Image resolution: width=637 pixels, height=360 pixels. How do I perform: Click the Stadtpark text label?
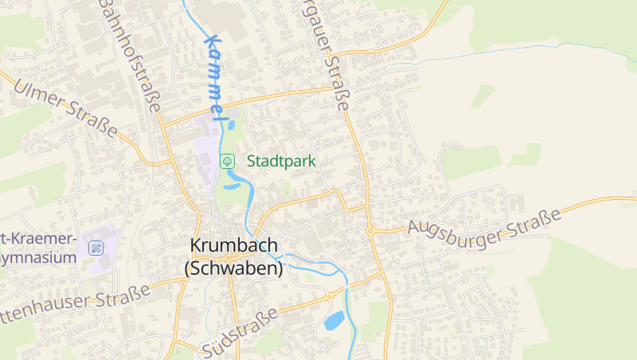click(x=281, y=161)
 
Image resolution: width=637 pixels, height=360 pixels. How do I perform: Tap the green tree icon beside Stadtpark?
click(x=227, y=161)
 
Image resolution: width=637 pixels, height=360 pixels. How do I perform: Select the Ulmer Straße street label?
click(x=65, y=109)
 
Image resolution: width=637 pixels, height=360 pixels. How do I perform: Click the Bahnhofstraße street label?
click(x=130, y=56)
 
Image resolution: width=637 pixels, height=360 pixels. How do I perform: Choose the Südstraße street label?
click(x=239, y=333)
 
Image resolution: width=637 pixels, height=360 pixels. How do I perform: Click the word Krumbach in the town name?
click(x=234, y=246)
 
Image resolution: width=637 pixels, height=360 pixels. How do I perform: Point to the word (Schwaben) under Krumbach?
click(x=234, y=269)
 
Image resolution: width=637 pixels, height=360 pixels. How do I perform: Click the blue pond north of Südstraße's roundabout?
click(x=334, y=321)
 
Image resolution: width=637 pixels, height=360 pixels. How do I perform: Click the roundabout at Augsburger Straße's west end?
click(x=371, y=231)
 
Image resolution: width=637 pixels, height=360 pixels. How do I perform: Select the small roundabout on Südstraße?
click(x=328, y=298)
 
